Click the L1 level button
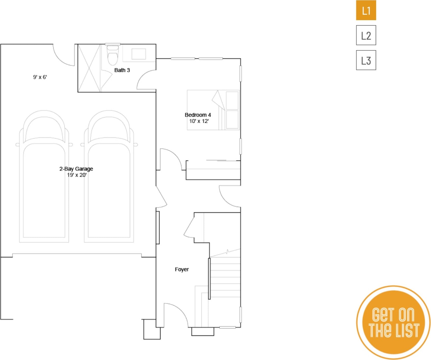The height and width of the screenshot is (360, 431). (366, 10)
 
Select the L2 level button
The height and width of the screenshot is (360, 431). (366, 35)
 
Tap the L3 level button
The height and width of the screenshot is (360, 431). (366, 60)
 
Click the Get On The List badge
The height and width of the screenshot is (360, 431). (393, 322)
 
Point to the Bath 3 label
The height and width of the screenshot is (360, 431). (122, 70)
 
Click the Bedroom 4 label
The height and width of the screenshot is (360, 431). (198, 115)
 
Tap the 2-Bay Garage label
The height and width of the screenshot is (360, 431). (76, 169)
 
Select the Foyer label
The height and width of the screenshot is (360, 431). (182, 269)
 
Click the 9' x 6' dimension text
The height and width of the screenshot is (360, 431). (40, 77)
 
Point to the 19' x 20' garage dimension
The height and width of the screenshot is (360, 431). (77, 175)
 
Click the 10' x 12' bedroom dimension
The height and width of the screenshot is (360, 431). (199, 121)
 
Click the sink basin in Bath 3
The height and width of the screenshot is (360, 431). (138, 54)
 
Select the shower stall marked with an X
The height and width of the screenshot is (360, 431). (89, 68)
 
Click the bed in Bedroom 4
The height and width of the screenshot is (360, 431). (213, 110)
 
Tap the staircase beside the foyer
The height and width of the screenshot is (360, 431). (225, 277)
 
